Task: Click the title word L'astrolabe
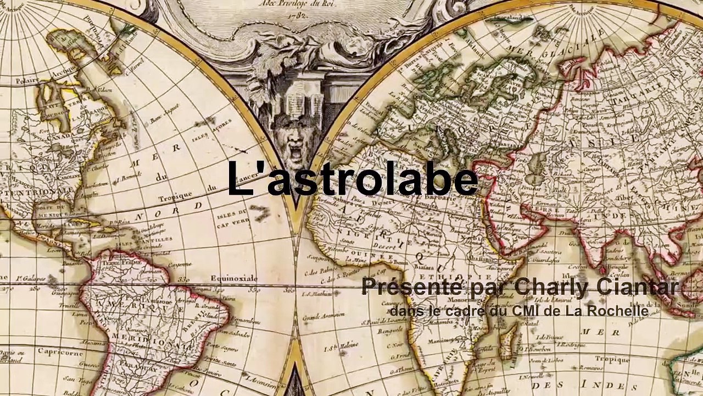point(352,179)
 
